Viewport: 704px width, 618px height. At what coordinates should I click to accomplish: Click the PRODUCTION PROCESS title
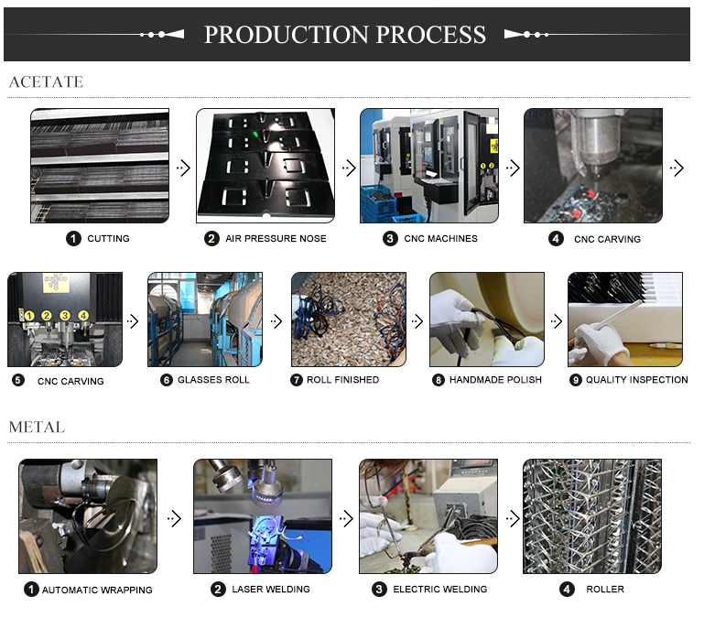tap(345, 35)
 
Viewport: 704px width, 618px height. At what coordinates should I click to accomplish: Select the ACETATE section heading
tap(47, 81)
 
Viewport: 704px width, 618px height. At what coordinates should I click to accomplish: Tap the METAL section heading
tap(37, 427)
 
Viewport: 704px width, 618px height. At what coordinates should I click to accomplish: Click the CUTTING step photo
tap(100, 166)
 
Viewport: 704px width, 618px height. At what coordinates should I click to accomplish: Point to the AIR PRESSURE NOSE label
tap(276, 238)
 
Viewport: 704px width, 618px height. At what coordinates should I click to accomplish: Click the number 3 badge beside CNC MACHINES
tap(390, 238)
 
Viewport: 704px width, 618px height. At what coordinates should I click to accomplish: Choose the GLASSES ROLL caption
tap(213, 380)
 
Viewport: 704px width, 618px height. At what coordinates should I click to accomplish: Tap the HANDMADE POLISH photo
tap(487, 320)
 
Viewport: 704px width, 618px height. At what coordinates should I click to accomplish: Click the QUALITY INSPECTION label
tap(636, 380)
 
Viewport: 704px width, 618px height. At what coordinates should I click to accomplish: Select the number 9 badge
tap(576, 380)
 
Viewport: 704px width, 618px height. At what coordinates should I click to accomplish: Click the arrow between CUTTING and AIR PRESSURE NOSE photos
tap(183, 168)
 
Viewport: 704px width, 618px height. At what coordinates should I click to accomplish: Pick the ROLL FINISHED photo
tap(349, 320)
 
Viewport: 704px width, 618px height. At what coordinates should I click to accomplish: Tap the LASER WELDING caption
tap(271, 590)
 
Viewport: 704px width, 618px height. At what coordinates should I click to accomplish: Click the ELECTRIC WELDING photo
tap(428, 516)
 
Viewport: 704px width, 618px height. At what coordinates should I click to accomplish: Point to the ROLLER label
tap(605, 590)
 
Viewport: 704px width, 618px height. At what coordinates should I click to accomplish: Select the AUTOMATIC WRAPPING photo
tap(88, 516)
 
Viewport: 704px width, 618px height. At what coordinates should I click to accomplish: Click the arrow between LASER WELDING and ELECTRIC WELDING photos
tap(346, 519)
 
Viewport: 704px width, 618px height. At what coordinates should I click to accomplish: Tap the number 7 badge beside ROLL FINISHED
tap(297, 380)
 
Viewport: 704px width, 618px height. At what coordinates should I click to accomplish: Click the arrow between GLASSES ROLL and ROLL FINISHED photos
tap(276, 321)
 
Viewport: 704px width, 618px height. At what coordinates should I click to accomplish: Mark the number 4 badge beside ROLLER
tap(567, 590)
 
